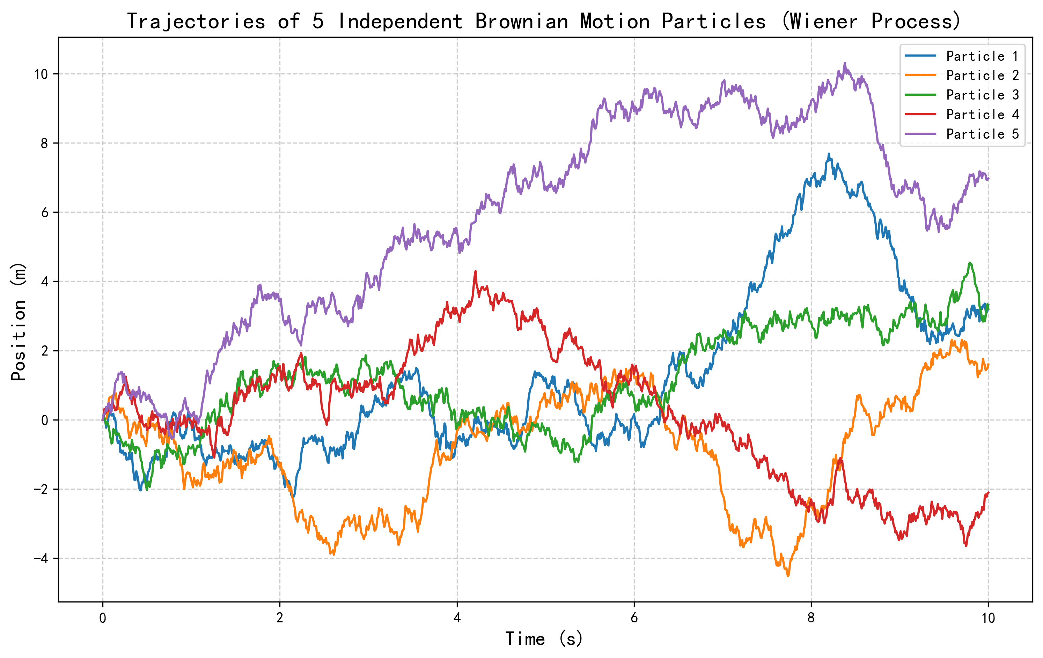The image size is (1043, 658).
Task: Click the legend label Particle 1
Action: coord(982,56)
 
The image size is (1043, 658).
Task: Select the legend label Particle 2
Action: coord(982,75)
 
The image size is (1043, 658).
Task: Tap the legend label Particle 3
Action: coord(982,95)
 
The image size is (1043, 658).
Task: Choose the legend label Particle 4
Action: coord(982,114)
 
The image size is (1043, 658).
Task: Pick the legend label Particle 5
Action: coord(982,134)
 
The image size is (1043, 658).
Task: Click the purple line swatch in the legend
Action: coord(921,134)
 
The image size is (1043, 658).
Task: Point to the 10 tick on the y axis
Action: coord(41,74)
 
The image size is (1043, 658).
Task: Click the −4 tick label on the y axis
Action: coord(41,558)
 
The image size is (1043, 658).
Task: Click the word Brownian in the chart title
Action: coord(522,21)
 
